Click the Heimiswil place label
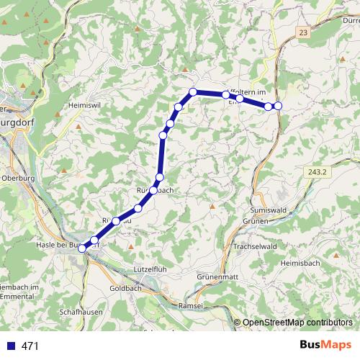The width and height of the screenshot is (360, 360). coord(82,105)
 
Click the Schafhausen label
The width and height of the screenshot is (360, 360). coord(81,312)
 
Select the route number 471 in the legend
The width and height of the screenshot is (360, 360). coord(30,346)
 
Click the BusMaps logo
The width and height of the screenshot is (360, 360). coord(325,345)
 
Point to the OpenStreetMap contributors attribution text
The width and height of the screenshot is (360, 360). coord(297,323)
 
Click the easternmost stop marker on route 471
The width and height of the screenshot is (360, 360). coord(278,107)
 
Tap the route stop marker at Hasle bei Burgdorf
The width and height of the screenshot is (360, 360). coord(83,248)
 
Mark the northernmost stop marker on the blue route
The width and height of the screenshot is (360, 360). coord(193,91)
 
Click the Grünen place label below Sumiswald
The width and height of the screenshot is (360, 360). coord(256,220)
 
